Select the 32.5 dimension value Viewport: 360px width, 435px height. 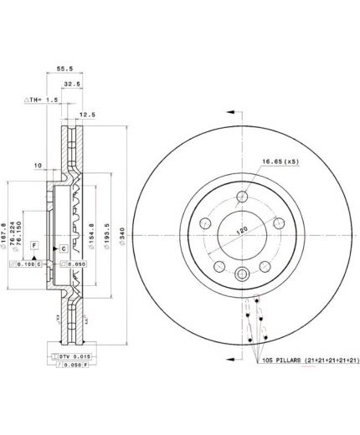(x=72, y=85)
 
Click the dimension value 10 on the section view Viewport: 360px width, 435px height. (x=39, y=166)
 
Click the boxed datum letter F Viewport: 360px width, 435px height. (x=33, y=243)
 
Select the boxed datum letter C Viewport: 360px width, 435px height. (x=63, y=249)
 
